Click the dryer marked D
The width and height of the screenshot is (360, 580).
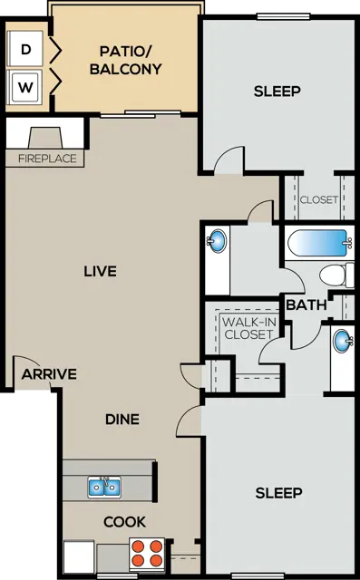pyautogui.click(x=24, y=49)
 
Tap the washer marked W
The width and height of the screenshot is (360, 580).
pyautogui.click(x=24, y=87)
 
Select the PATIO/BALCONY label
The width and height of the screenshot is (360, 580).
pyautogui.click(x=126, y=61)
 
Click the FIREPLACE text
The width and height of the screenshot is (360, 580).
pyautogui.click(x=47, y=159)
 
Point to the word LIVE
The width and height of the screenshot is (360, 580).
pyautogui.click(x=101, y=271)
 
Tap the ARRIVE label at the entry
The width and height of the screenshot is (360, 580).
pyautogui.click(x=49, y=374)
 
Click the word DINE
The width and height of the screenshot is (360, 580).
pyautogui.click(x=122, y=419)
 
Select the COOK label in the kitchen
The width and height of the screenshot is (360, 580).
pyautogui.click(x=125, y=522)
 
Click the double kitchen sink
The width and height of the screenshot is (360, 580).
pyautogui.click(x=104, y=487)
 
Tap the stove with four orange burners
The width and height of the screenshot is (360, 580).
pyautogui.click(x=147, y=554)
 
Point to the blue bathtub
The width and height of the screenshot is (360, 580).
pyautogui.click(x=319, y=242)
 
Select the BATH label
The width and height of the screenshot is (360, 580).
pyautogui.click(x=306, y=305)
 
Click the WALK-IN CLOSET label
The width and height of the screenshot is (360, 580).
pyautogui.click(x=249, y=328)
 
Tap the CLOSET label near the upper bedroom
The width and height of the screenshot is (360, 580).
pyautogui.click(x=319, y=199)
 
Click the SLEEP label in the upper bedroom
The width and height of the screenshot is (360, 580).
pyautogui.click(x=277, y=91)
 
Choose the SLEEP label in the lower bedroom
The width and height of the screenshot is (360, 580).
pyautogui.click(x=279, y=493)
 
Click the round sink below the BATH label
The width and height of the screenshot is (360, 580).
pyautogui.click(x=342, y=341)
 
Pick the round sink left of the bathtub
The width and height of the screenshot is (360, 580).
pyautogui.click(x=217, y=241)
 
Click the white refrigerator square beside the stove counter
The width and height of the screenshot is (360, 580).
pyautogui.click(x=79, y=556)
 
